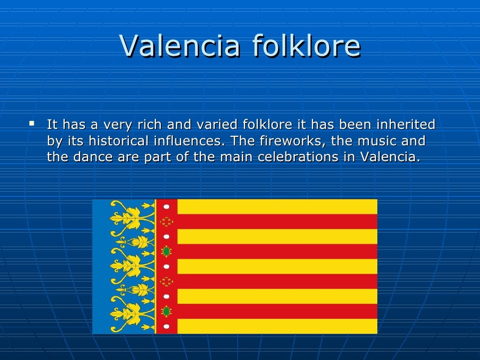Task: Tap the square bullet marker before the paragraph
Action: click(x=31, y=124)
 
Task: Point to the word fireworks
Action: click(x=296, y=141)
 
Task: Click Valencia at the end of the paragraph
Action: click(x=390, y=157)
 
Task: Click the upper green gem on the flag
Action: click(x=166, y=251)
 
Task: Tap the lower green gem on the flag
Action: click(x=166, y=311)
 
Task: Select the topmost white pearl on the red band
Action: click(x=166, y=207)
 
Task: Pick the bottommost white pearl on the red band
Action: click(x=166, y=326)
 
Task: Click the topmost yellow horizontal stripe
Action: click(x=277, y=206)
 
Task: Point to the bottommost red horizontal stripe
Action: click(x=277, y=311)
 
